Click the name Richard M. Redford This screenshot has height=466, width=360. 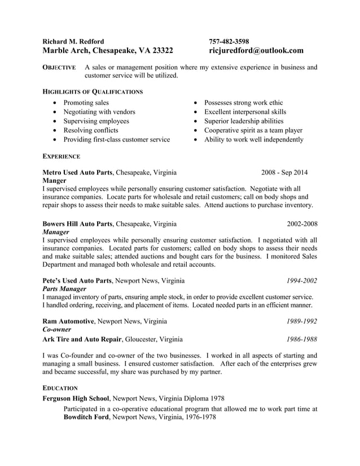point(73,41)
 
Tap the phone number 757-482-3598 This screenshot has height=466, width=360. point(229,41)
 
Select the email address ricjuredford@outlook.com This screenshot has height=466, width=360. point(256,51)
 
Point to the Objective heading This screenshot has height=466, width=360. point(59,68)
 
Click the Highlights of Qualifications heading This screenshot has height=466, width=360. point(93,91)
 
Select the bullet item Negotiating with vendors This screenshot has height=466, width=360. point(99,112)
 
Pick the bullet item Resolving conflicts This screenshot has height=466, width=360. point(90,130)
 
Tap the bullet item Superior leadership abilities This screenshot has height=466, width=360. point(244,121)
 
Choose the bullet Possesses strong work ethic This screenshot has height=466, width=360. point(243,103)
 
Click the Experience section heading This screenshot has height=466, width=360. point(62,156)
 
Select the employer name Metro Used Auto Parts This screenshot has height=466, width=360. point(78,172)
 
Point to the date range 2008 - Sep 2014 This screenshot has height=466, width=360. point(284,172)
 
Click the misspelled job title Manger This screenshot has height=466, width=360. point(55,181)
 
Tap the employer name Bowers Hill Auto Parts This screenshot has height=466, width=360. point(78,223)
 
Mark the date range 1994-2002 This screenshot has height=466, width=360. point(301,280)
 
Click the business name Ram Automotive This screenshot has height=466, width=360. point(69,321)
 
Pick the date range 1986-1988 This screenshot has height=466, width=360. point(301,339)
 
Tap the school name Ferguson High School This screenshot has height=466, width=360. point(76,398)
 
